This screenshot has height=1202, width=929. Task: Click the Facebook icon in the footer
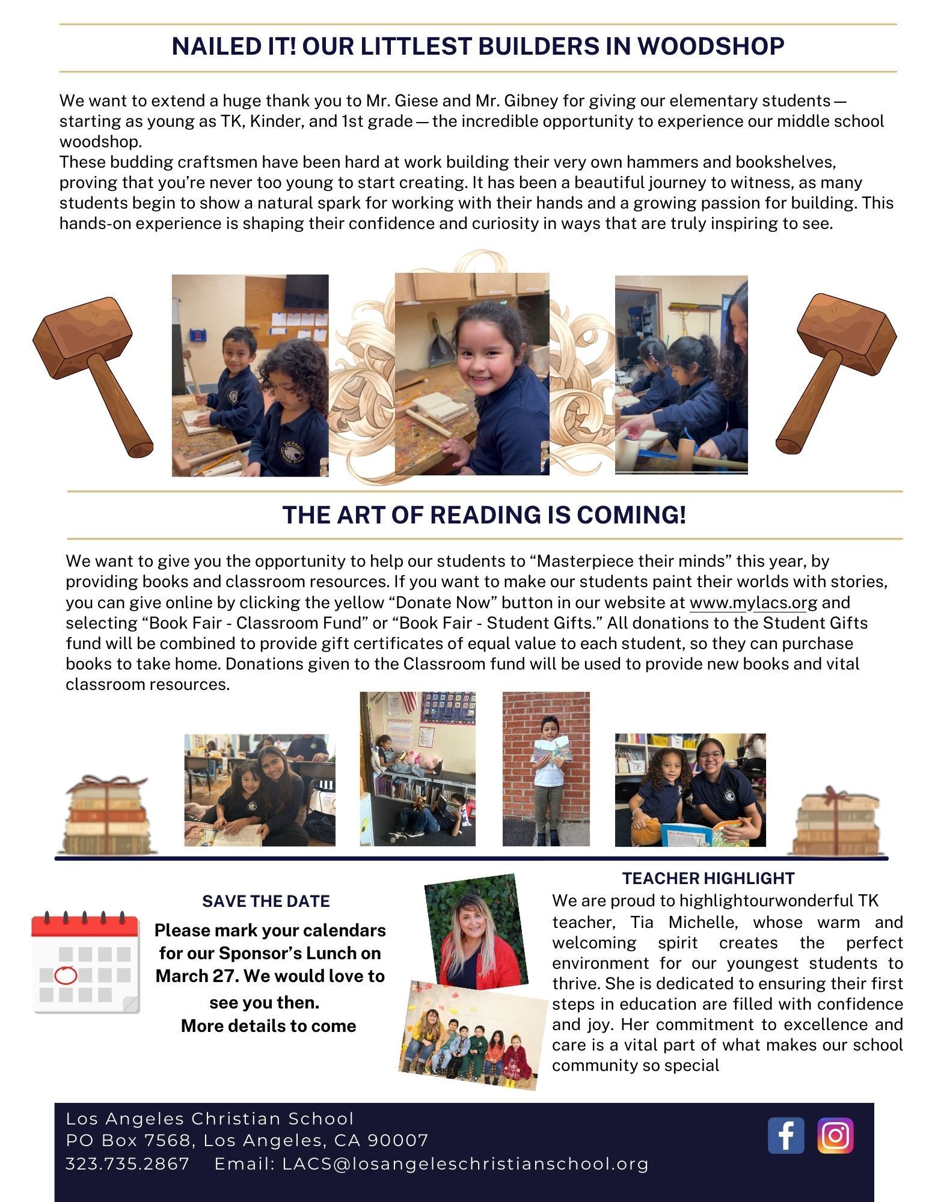pos(785,1135)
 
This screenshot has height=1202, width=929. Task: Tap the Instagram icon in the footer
pos(835,1135)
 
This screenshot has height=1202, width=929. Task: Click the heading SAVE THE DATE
pos(266,901)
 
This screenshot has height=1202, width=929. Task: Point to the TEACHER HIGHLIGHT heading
pos(708,878)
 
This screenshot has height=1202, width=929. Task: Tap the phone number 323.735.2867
pos(127,1164)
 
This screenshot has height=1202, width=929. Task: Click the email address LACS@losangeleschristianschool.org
pos(465,1164)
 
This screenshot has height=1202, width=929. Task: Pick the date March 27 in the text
pos(192,976)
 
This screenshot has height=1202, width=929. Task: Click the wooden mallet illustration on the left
pos(93,373)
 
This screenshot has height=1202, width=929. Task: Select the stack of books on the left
pos(106,814)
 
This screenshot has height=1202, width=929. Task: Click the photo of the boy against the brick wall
pos(546,769)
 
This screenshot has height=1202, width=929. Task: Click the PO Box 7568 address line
pos(247,1141)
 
